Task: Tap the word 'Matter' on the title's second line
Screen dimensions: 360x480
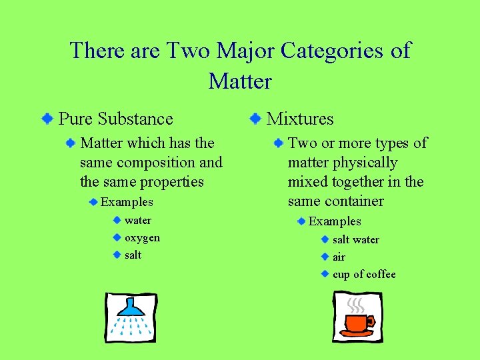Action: pos(240,82)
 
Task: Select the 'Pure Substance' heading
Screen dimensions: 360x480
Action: pos(116,119)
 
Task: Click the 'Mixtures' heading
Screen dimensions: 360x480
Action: pos(300,119)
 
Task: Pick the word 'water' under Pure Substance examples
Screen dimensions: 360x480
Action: pos(138,221)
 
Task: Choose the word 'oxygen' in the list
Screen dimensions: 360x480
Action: pos(142,238)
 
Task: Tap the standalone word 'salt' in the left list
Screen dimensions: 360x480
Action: pos(133,255)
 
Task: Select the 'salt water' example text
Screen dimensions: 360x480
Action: pos(356,240)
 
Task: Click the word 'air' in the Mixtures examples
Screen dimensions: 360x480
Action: pos(339,257)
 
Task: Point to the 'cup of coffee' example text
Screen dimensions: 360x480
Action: pos(364,275)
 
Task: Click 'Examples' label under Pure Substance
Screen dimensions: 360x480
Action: pos(127,202)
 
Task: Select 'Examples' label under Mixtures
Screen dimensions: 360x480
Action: pos(335,221)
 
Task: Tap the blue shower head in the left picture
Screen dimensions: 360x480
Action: pos(131,307)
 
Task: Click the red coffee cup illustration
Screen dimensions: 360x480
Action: pos(356,324)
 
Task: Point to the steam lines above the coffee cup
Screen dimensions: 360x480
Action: pos(357,305)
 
